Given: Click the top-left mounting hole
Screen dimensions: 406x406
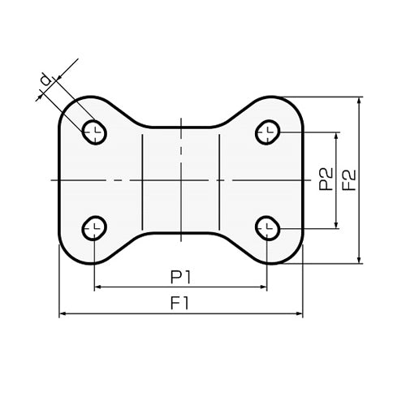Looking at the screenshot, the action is tap(94, 132).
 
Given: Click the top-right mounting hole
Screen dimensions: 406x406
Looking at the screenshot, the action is tap(267, 132).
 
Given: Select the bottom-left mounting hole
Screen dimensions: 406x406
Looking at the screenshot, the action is tap(94, 228).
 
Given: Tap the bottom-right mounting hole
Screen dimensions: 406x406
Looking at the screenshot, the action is tap(267, 228).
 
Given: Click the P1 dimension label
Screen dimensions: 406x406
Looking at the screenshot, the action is tap(181, 277).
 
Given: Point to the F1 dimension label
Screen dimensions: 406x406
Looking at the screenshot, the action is tap(179, 303).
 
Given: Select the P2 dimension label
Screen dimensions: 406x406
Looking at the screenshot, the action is tap(326, 179).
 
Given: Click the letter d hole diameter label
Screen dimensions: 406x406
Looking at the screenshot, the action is tap(45, 80).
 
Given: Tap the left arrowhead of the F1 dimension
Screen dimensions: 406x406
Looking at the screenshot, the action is tap(63, 313).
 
